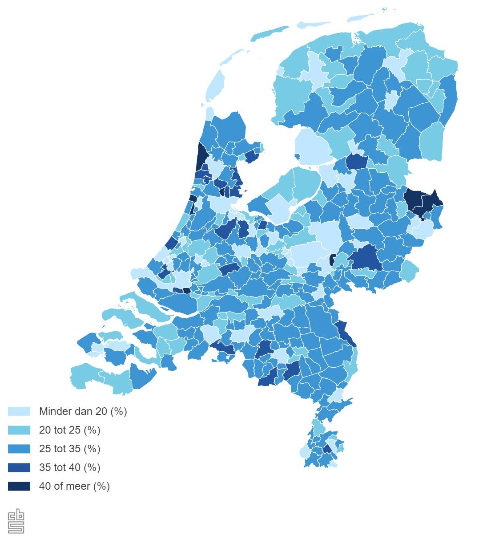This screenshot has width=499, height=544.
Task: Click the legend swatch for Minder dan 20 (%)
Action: click(x=19, y=411)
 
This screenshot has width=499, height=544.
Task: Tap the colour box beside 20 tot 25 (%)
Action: click(x=19, y=430)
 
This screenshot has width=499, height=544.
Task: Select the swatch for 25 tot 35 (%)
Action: click(x=19, y=449)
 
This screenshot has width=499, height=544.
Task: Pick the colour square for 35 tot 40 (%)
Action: click(x=19, y=467)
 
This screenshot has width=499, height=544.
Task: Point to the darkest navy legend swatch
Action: click(x=19, y=486)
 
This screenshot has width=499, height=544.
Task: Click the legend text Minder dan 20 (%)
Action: click(x=83, y=411)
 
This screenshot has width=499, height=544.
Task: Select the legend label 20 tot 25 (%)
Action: click(x=69, y=430)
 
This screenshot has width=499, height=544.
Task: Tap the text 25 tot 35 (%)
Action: click(x=69, y=449)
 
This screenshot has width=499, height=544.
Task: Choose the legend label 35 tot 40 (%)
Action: click(x=69, y=467)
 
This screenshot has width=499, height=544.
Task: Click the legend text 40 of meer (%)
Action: click(x=74, y=486)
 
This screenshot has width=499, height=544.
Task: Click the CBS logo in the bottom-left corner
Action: click(x=16, y=521)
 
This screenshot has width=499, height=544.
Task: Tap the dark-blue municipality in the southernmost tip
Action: click(x=327, y=449)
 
